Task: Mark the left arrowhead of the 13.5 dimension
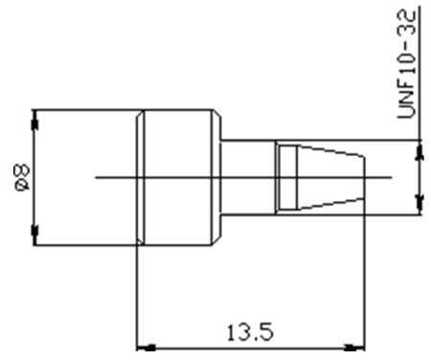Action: [145, 346]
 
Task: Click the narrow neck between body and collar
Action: [247, 177]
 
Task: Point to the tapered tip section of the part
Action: [330, 177]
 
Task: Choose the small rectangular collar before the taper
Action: [283, 177]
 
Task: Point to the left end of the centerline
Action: [98, 177]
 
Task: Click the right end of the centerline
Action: [391, 177]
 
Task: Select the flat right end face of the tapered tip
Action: [365, 177]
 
